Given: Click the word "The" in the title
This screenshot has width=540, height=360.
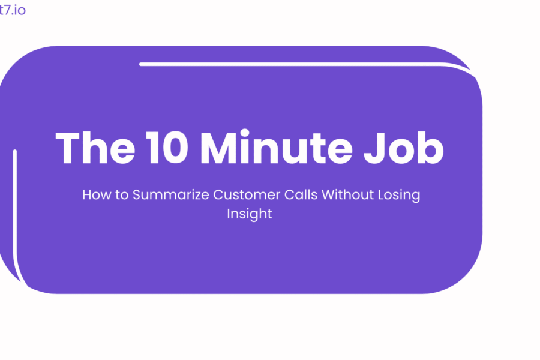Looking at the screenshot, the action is click(x=95, y=148).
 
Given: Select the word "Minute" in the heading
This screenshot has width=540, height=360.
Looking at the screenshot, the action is click(x=276, y=147).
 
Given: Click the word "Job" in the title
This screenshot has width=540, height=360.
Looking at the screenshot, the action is click(x=404, y=148).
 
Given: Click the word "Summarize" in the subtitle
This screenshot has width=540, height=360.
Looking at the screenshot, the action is click(x=171, y=194).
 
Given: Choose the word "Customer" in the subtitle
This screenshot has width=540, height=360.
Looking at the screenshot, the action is click(x=247, y=194).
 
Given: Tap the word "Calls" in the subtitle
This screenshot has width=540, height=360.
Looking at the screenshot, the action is click(x=301, y=194).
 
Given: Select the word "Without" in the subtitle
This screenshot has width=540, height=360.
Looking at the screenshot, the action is click(x=347, y=194).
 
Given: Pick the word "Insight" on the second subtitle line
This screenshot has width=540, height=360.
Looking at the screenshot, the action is click(x=250, y=214).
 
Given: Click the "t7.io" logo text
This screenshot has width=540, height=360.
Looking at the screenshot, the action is click(x=13, y=10).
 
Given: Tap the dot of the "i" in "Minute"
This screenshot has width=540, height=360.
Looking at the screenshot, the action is click(x=245, y=133).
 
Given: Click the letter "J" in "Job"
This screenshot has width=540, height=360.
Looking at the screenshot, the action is click(x=374, y=148).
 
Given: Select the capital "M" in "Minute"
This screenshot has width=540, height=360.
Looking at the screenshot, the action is click(x=218, y=148).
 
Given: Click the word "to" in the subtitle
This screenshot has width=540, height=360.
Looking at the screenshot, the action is click(x=122, y=195).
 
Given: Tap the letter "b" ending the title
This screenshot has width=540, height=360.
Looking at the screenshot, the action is click(x=431, y=148).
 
